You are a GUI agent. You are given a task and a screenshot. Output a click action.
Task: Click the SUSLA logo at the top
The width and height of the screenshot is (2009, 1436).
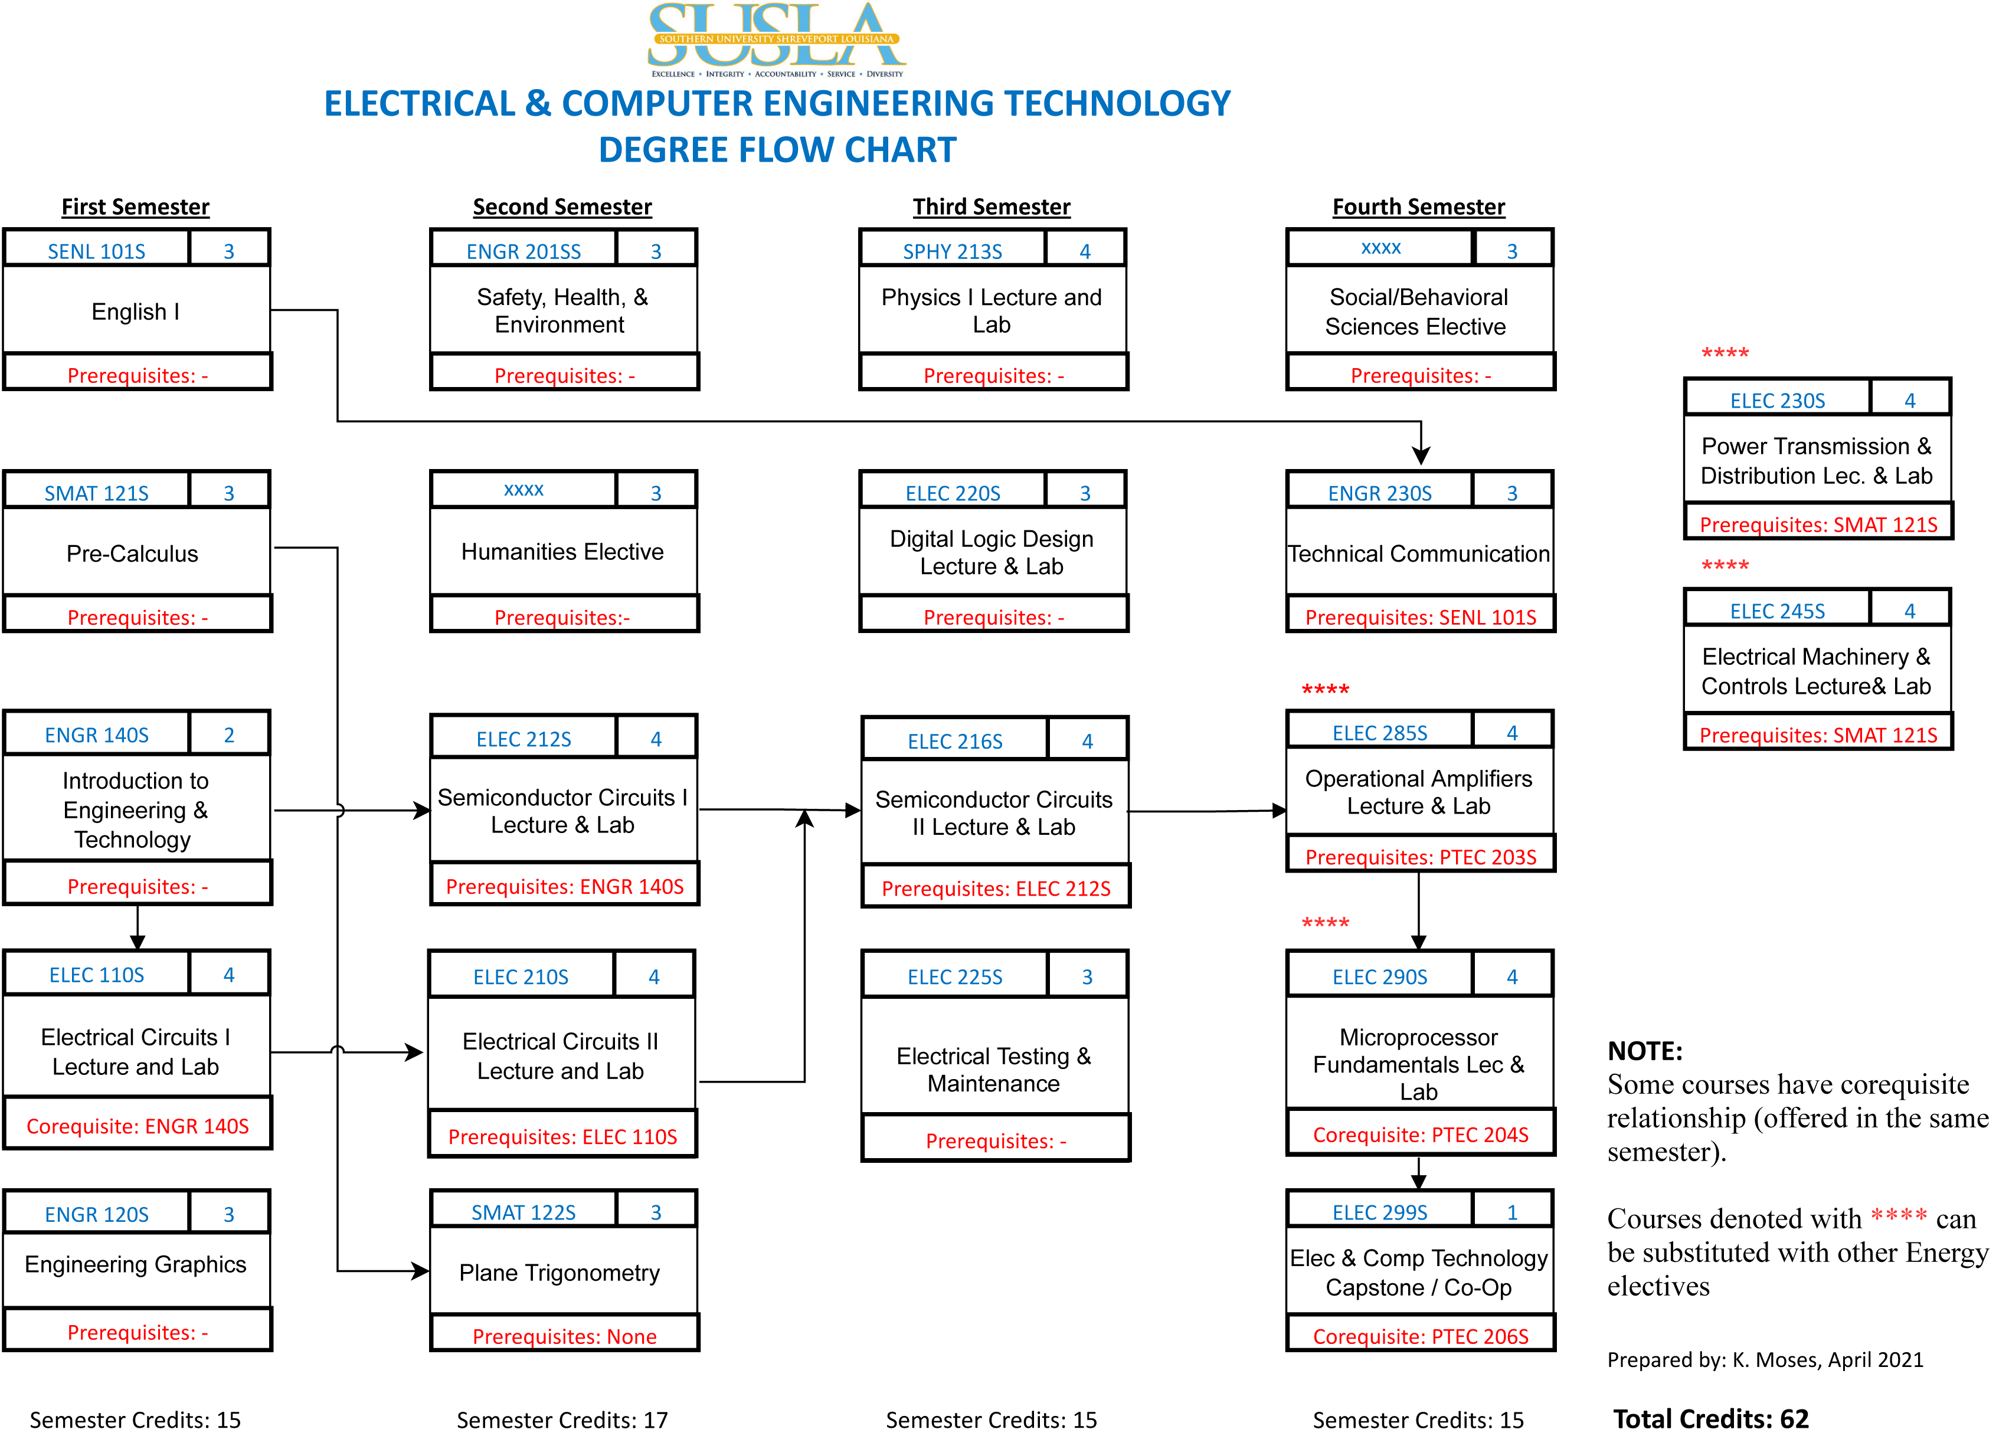776,40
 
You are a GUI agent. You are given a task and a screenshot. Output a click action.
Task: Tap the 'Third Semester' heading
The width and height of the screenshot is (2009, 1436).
991,207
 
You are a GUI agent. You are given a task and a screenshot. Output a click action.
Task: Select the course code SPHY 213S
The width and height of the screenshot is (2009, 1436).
952,252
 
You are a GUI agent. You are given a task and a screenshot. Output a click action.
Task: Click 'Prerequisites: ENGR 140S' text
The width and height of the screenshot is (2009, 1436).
564,887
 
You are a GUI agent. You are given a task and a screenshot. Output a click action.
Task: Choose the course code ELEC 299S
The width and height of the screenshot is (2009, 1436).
1379,1212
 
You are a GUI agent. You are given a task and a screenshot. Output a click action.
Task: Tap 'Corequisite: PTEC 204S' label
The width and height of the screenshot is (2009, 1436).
1420,1135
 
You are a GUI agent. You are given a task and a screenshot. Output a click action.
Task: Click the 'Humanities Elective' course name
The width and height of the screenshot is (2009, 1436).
562,552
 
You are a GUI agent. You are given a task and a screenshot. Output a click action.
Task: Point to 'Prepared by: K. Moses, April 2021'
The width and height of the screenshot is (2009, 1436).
1765,1359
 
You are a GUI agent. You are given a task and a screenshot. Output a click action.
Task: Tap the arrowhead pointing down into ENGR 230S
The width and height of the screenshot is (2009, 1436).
1420,455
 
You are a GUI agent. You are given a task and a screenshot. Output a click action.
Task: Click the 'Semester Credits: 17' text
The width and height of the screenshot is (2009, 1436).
562,1419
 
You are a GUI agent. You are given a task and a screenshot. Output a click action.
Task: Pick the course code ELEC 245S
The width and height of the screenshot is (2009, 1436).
1776,611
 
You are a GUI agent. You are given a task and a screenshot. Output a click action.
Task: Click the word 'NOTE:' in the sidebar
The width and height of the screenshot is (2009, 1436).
1644,1051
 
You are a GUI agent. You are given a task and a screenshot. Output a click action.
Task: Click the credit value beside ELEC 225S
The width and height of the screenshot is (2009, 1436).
1087,976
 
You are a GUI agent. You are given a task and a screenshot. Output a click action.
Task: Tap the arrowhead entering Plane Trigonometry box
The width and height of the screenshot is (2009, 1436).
420,1271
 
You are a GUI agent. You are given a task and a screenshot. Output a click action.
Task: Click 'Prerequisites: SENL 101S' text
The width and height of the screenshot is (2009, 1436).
1420,617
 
